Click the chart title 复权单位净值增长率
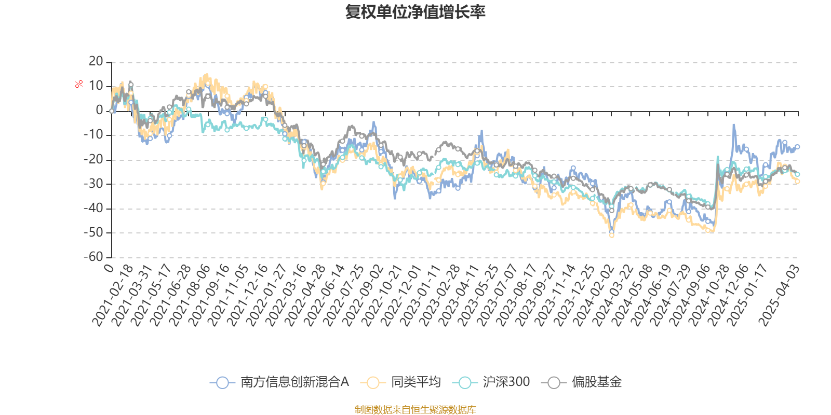[415, 12]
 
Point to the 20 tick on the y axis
[96, 62]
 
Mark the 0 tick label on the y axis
[99, 110]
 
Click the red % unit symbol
[79, 84]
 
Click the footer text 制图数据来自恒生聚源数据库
[415, 410]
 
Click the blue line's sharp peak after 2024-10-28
[734, 125]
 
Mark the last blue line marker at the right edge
[798, 147]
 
